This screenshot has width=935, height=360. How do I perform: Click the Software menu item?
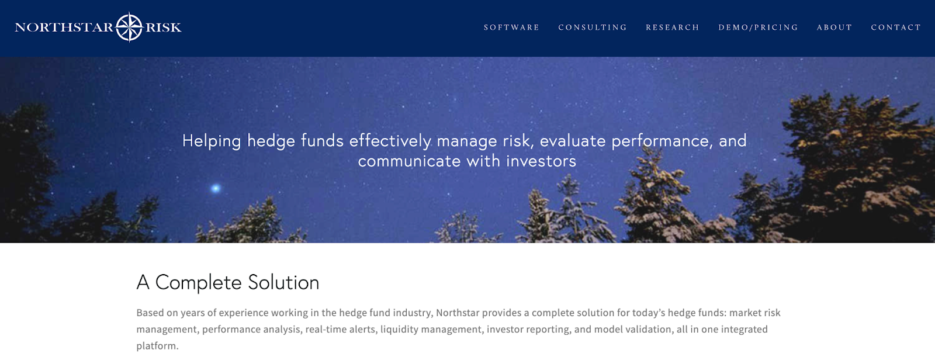coord(511,27)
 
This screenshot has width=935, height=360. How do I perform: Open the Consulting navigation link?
coord(593,27)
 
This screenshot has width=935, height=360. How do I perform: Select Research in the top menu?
coord(673,27)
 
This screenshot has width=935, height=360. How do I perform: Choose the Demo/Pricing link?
coord(758,27)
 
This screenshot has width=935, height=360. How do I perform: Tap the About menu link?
coord(834,27)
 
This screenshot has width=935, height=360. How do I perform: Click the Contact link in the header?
coord(896,27)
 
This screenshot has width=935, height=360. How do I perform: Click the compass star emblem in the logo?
coord(129,27)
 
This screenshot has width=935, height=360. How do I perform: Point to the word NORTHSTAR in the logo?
coord(64,27)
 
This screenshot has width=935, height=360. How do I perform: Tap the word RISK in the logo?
coord(163,27)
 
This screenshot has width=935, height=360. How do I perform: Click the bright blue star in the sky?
coord(216,188)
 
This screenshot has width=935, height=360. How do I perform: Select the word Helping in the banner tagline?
coord(212,141)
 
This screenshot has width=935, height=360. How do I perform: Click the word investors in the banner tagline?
coord(541,161)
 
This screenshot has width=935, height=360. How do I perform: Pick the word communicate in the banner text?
coord(409,161)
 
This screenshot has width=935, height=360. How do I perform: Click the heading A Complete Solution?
coord(228,282)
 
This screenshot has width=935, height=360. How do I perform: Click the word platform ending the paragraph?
coord(157,346)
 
